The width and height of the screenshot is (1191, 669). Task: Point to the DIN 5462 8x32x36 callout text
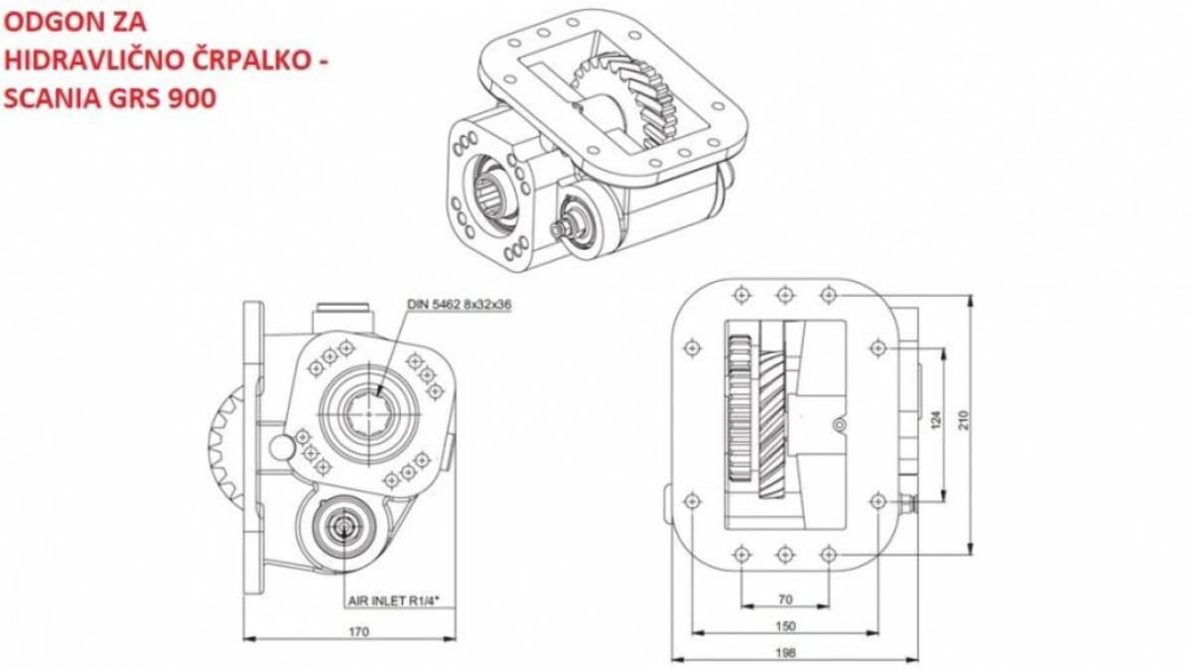pos(459,304)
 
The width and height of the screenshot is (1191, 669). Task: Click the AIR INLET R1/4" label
pos(394,601)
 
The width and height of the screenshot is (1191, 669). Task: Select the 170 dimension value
pos(358,631)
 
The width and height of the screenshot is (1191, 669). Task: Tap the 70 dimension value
pos(785,600)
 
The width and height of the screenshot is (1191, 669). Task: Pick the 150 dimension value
pos(785,626)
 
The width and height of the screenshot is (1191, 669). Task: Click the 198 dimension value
pos(785,652)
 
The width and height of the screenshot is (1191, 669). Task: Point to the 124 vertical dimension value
pos(936,420)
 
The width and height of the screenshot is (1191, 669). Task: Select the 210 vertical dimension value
pos(964,420)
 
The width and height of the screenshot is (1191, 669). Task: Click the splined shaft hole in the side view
pos(369,413)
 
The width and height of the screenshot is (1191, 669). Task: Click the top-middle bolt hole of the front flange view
pos(785,295)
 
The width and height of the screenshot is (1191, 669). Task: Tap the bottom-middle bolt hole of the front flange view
pos(785,555)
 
